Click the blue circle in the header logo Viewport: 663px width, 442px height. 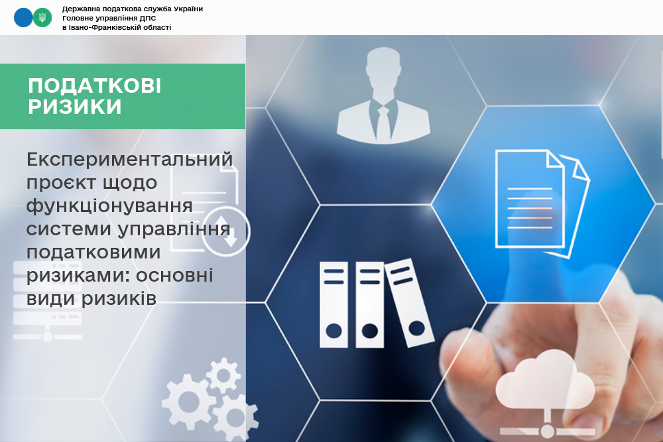pos(23,18)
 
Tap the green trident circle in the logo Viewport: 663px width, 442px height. pos(42,18)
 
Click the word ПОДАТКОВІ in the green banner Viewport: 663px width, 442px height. pos(94,85)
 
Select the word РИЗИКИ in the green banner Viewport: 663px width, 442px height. pos(75,107)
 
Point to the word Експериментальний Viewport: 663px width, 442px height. pos(129,160)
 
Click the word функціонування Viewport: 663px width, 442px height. pos(109,207)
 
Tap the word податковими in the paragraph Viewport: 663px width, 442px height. pos(93,252)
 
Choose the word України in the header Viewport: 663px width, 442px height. pos(188,9)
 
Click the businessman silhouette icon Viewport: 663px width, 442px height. pos(383,95)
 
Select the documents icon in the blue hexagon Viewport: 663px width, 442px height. pos(542,203)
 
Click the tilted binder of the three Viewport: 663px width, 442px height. pos(409,303)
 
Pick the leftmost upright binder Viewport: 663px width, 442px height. pos(333,305)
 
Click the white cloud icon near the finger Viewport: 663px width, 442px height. pos(545,379)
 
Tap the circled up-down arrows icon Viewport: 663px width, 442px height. pos(226,231)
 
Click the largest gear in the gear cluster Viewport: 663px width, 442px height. pos(189,402)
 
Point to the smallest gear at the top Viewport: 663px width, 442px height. pos(223,376)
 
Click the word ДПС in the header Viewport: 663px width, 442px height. pos(148,18)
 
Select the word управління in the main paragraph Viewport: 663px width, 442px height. pos(174,230)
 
